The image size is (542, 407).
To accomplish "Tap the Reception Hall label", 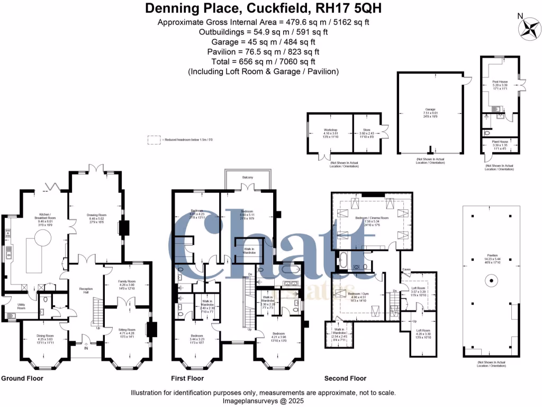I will (86, 291).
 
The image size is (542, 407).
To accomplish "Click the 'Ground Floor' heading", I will (22, 378).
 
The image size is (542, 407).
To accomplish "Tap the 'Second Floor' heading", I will (345, 378).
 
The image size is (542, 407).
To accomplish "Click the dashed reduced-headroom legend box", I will (154, 140).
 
